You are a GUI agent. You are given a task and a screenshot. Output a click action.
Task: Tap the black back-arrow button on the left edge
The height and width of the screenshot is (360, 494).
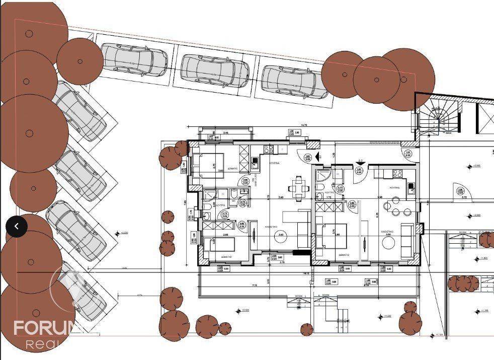[x=17, y=227]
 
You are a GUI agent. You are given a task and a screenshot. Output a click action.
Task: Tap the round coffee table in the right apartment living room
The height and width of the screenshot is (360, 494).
[x=389, y=243]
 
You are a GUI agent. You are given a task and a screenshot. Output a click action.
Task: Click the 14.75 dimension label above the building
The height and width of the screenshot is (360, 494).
[x=303, y=124]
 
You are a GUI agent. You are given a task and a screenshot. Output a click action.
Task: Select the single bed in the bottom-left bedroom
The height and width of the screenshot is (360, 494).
[x=221, y=247]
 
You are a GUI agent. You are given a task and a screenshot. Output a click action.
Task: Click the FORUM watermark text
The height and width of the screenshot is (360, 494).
[x=50, y=328]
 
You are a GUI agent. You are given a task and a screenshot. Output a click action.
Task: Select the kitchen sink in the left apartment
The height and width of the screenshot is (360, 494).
[x=255, y=162]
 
